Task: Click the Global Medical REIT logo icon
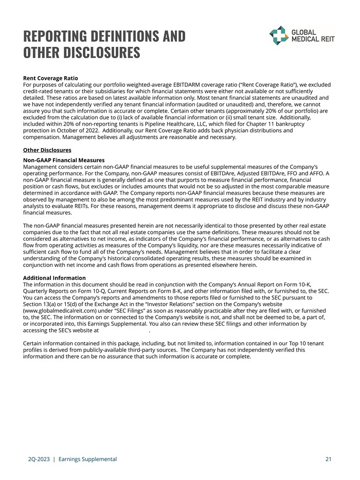pyautogui.click(x=279, y=35)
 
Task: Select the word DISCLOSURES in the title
pyautogui.click(x=98, y=53)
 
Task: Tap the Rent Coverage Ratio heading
pyautogui.click(x=50, y=78)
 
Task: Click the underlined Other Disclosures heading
pyautogui.click(x=47, y=150)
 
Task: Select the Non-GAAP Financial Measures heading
pyautogui.click(x=64, y=161)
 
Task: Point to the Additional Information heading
pyautogui.click(x=55, y=278)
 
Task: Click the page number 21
pyautogui.click(x=328, y=459)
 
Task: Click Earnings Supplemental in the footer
pyautogui.click(x=88, y=459)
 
